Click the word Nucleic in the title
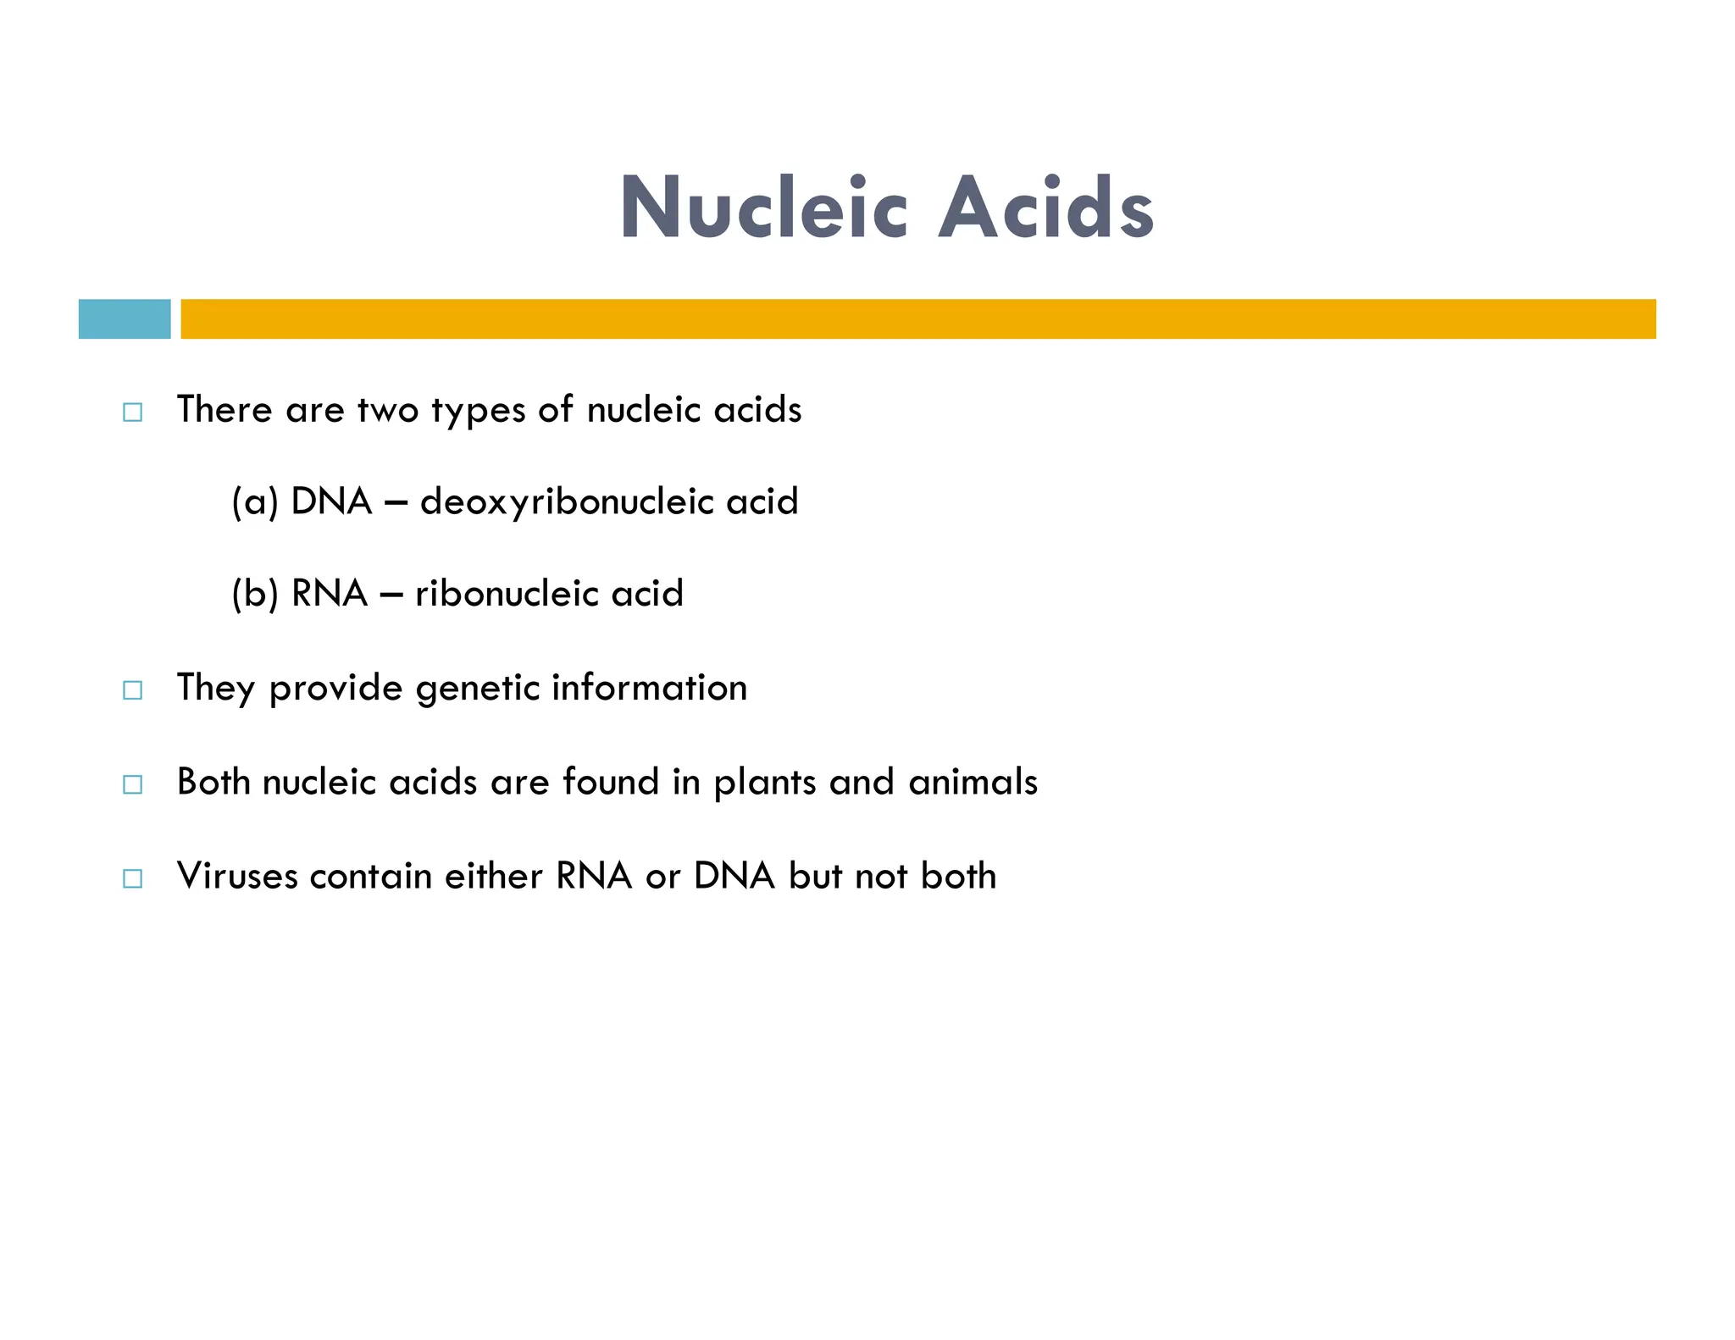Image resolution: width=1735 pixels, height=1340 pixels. coord(763,208)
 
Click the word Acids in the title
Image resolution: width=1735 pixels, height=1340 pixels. coord(1045,208)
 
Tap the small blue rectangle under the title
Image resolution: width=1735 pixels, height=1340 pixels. coord(125,319)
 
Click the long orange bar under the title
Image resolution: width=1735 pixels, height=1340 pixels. coord(917,319)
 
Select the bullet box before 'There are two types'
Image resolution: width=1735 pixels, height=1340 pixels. coord(133,413)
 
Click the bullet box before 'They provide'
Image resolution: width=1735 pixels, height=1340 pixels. coord(133,690)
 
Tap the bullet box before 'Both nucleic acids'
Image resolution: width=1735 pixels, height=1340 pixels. coord(133,784)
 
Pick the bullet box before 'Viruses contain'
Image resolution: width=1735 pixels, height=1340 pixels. coord(133,878)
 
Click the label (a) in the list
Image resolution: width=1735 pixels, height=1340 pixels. coord(255,501)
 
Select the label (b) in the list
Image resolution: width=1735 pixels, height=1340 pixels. coord(255,593)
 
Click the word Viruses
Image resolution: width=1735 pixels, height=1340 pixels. coord(237,876)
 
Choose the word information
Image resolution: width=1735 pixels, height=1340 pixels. coord(649,687)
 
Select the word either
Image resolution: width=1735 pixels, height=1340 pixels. coord(493,876)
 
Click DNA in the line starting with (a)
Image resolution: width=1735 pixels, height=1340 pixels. coord(331,501)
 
